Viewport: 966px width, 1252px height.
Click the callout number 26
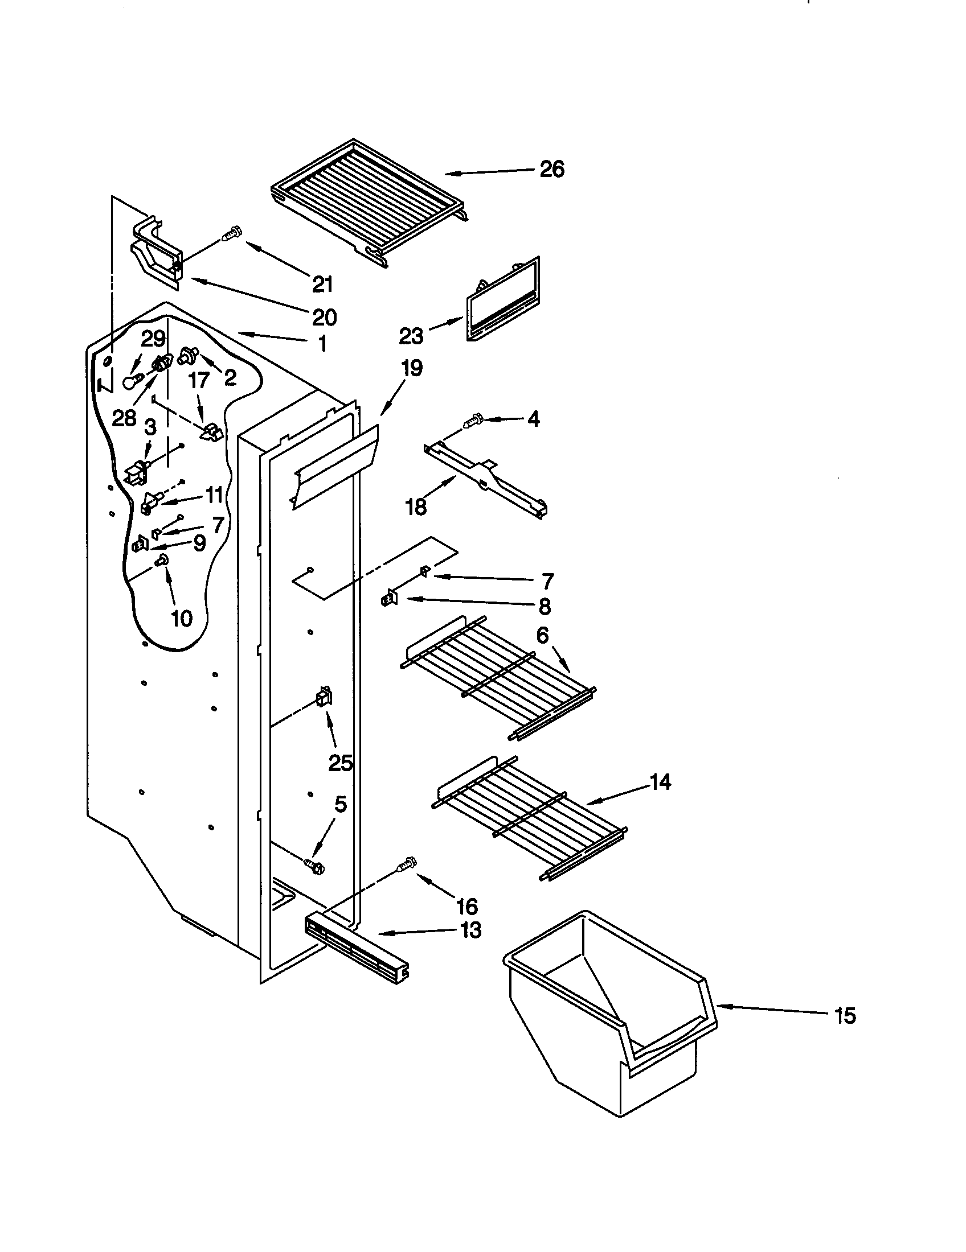tap(551, 170)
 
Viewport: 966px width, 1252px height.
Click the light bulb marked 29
tap(130, 382)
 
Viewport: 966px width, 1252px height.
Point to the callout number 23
tap(411, 336)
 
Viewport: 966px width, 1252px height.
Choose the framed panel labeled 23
tap(503, 300)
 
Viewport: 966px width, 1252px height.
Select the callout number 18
tap(416, 506)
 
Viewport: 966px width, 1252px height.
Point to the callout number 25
tap(340, 763)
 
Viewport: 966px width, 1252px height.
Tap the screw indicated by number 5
tap(314, 881)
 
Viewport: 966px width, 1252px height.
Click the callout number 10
tap(181, 618)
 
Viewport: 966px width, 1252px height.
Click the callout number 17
tap(199, 380)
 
